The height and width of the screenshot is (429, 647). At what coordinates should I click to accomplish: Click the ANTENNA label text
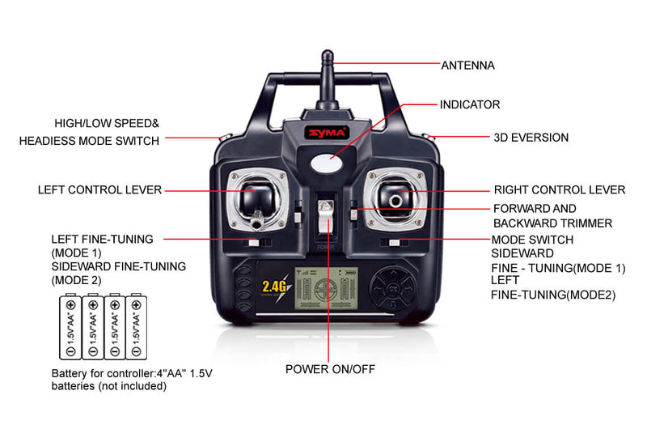click(x=467, y=66)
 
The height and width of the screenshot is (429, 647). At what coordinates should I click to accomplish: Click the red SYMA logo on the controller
click(x=327, y=133)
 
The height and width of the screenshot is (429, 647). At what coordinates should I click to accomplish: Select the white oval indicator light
click(x=327, y=164)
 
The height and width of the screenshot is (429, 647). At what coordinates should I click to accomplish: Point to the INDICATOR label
click(x=470, y=104)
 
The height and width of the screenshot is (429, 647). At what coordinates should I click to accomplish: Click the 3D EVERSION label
click(x=531, y=138)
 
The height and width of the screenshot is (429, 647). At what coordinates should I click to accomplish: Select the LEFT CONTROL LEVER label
click(x=99, y=190)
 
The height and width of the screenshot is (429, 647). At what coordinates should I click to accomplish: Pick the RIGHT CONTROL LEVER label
click(x=560, y=190)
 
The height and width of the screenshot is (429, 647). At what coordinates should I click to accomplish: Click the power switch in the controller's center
click(x=326, y=217)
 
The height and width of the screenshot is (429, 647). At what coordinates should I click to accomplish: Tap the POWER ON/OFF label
click(x=330, y=369)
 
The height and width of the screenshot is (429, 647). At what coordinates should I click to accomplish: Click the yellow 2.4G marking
click(x=274, y=287)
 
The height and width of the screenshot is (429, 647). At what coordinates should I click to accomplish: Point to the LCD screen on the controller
click(x=327, y=289)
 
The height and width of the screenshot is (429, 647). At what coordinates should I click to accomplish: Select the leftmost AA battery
click(x=70, y=326)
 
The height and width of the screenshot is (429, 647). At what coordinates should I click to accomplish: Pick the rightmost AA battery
click(x=136, y=326)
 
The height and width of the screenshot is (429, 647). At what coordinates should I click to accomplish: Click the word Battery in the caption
click(x=70, y=374)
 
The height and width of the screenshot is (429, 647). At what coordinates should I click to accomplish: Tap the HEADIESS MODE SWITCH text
click(x=89, y=141)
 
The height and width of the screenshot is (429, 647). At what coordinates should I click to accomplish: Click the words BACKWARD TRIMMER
click(x=552, y=223)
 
